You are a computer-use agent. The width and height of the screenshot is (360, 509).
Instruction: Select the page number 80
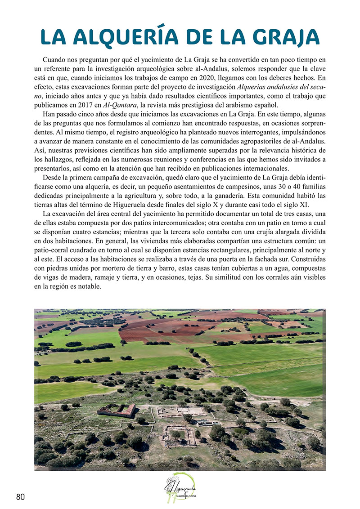tap(20, 496)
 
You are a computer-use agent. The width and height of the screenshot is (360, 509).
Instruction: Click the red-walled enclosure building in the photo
tap(117, 410)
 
